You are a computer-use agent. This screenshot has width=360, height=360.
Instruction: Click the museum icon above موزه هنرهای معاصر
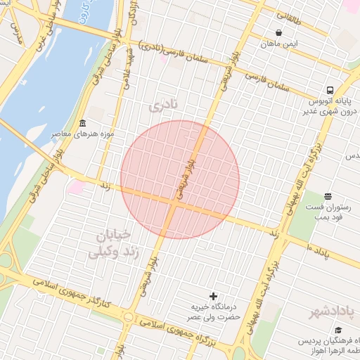point(82,123)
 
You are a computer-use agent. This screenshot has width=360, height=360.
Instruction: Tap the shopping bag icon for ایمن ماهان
point(279,32)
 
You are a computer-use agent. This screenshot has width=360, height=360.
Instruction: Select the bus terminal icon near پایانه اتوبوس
point(329,91)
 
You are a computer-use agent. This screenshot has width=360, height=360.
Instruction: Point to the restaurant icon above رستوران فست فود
point(328,196)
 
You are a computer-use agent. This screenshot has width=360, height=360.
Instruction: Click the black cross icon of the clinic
point(214,297)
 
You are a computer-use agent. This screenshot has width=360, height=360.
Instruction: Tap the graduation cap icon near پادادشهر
point(338,330)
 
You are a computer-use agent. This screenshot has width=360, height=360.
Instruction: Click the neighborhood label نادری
point(165,105)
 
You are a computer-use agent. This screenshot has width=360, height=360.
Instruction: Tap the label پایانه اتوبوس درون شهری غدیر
point(331,106)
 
